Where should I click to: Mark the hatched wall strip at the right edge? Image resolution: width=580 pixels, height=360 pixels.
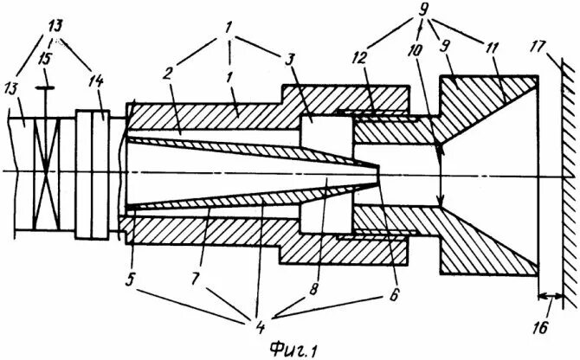pos(568,173)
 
